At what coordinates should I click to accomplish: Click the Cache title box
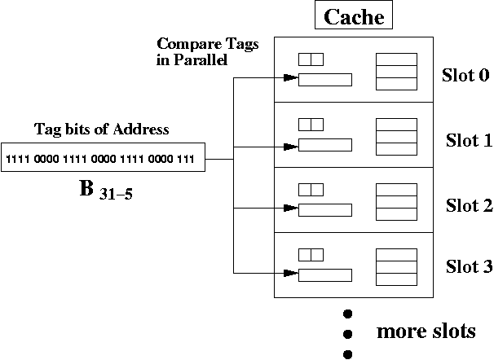[x=355, y=17]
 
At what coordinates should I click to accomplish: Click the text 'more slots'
[x=426, y=331]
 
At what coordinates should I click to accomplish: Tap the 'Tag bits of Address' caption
[x=101, y=130]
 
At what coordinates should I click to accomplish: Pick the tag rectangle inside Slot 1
[x=324, y=145]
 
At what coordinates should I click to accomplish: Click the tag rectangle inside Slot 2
[x=324, y=210]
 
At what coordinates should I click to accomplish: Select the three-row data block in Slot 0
[x=396, y=71]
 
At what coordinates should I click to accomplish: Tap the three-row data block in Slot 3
[x=396, y=266]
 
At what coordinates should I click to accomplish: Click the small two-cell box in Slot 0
[x=311, y=59]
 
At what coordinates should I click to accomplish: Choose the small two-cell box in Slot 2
[x=311, y=189]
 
